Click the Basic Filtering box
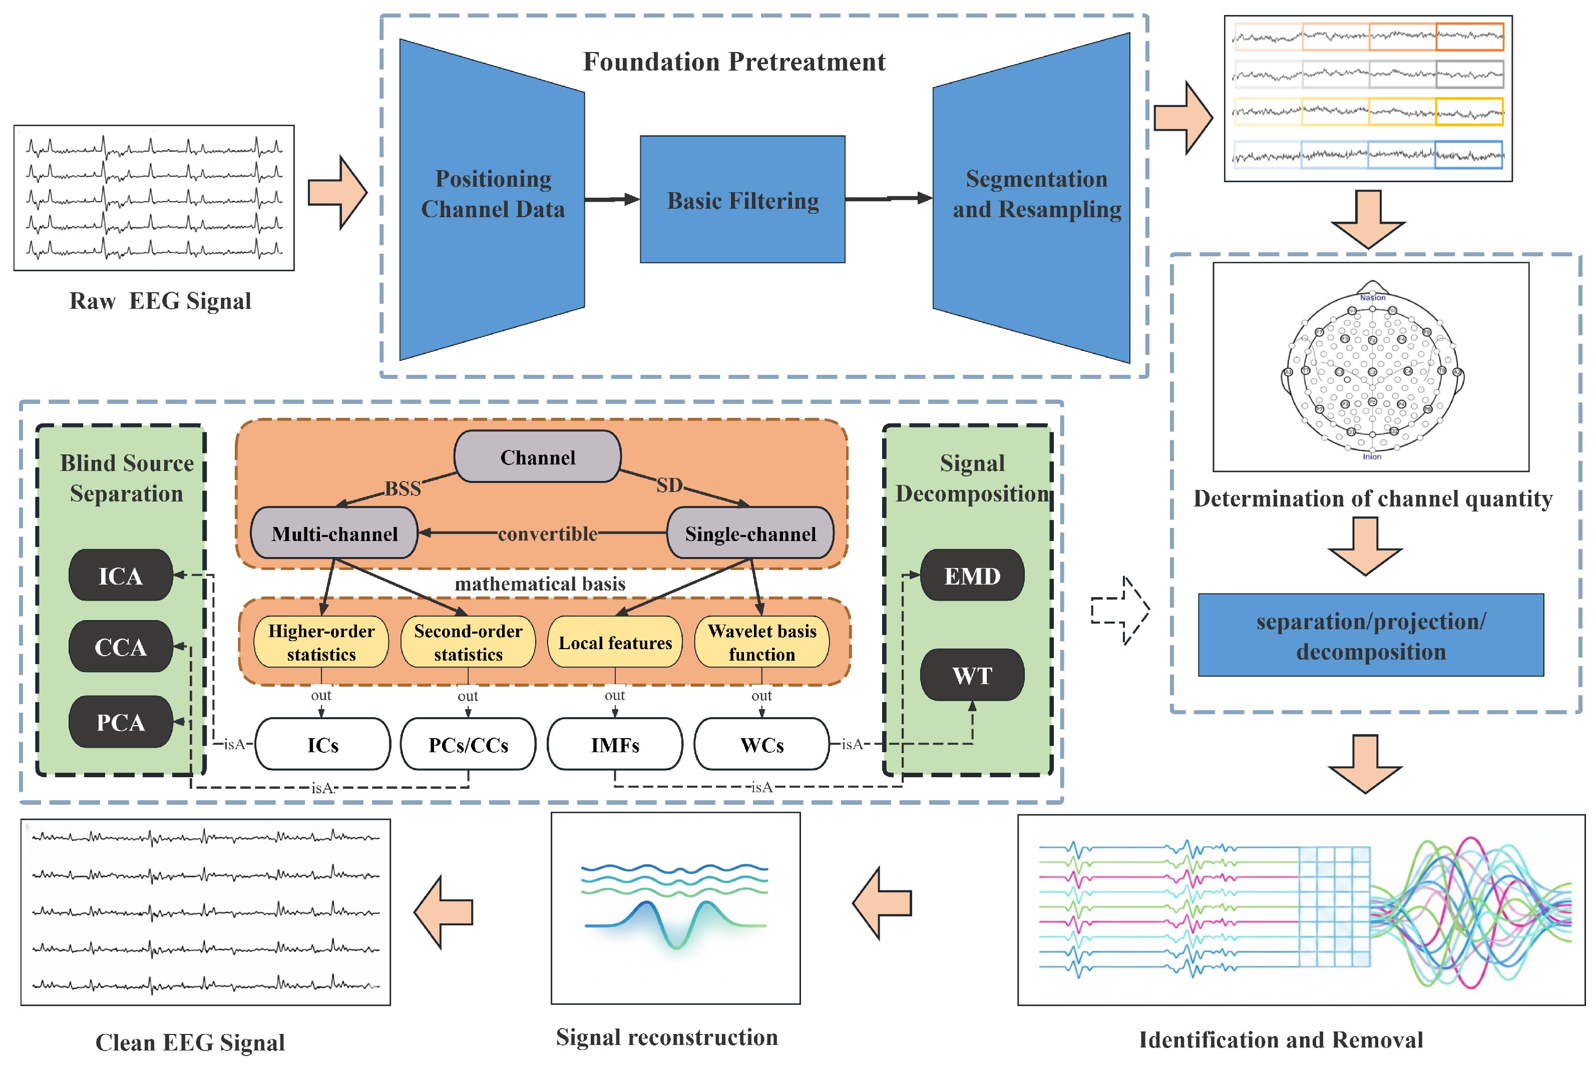tap(742, 200)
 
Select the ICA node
tap(120, 576)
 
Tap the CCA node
tap(120, 647)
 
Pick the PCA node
tap(120, 722)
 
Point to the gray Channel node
tap(537, 457)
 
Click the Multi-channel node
tap(334, 533)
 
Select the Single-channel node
tap(750, 533)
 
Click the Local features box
tap(615, 642)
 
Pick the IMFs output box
tap(615, 744)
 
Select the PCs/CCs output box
tap(468, 744)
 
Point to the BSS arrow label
tap(403, 488)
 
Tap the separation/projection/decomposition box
tap(1370, 635)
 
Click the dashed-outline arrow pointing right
tap(1119, 610)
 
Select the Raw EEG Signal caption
tap(160, 301)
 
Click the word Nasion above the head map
tap(1372, 297)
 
